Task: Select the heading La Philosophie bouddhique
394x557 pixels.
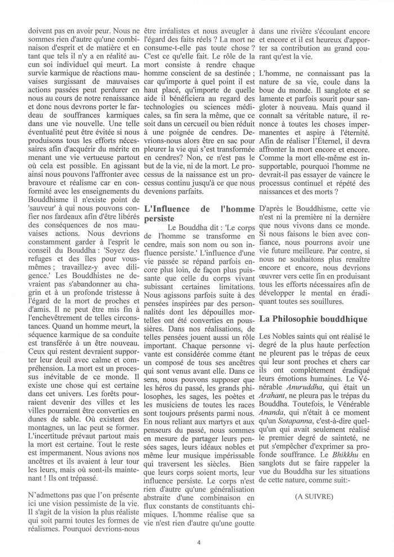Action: (x=314, y=318)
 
